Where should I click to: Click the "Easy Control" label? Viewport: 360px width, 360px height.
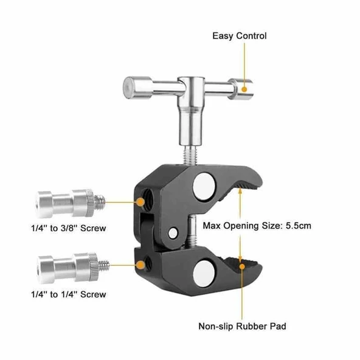239,36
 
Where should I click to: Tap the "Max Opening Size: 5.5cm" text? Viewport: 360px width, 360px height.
258,226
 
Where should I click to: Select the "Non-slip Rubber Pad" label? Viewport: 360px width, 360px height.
242,326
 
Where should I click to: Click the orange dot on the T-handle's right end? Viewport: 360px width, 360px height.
244,89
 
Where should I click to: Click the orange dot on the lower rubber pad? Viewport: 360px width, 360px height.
242,263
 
